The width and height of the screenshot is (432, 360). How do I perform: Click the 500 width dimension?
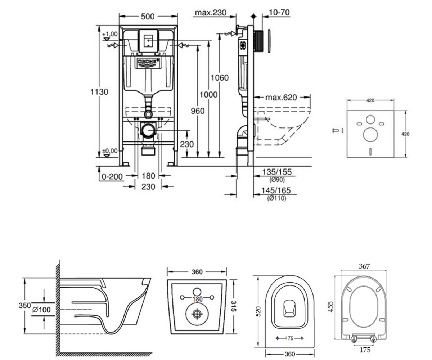(148, 17)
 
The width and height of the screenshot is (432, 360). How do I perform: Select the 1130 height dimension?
(99, 92)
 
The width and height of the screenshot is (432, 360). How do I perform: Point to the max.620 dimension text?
(281, 97)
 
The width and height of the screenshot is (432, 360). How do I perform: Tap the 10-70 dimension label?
(279, 12)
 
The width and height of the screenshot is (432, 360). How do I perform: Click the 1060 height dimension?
(220, 78)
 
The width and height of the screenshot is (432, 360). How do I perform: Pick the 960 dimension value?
(198, 111)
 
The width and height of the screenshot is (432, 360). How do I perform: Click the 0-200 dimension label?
(112, 177)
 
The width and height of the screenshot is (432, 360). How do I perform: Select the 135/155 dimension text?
(277, 172)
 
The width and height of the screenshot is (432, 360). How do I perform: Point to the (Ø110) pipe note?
(276, 198)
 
